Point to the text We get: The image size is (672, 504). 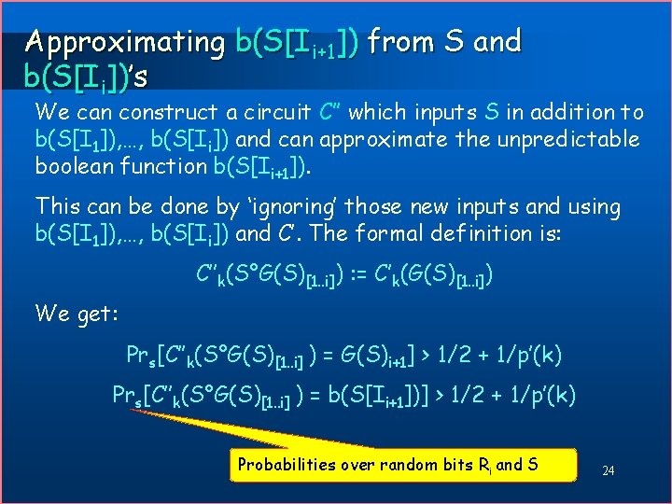[x=77, y=314]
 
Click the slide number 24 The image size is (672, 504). [x=608, y=470]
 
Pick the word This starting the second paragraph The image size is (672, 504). [x=59, y=206]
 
